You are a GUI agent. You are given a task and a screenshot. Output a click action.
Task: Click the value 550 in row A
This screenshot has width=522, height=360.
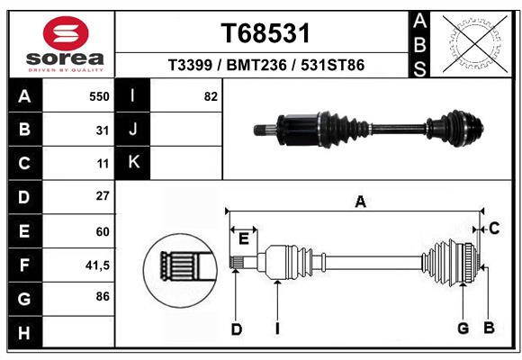(99, 95)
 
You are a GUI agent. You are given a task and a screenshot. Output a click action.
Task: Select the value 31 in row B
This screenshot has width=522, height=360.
(103, 130)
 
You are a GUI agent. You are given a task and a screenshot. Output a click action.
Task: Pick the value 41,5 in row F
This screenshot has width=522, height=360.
(97, 265)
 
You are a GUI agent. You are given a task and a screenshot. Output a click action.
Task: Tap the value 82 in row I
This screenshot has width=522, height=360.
(211, 95)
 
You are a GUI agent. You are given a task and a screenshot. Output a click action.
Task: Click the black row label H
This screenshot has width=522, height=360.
(24, 332)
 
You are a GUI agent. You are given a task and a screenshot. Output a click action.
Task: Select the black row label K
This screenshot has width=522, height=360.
(134, 163)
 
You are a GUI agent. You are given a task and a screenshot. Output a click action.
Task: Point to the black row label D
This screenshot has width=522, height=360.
(24, 196)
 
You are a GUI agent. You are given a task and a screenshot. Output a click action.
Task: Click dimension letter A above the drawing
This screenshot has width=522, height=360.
(360, 202)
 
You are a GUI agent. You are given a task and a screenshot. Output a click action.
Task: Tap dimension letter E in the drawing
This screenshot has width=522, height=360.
(243, 238)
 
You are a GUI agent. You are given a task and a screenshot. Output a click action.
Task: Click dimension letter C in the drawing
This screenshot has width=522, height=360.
(494, 229)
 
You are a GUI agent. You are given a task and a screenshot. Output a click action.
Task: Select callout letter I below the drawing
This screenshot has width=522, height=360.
(278, 328)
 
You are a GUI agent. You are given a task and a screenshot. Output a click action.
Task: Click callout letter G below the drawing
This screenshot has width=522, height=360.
(463, 328)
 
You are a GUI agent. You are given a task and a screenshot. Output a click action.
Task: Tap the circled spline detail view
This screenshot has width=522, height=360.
(178, 266)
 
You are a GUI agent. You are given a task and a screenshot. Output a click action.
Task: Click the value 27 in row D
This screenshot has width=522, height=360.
(103, 196)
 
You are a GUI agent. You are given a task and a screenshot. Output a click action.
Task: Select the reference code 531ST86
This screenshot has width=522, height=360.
(332, 66)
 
